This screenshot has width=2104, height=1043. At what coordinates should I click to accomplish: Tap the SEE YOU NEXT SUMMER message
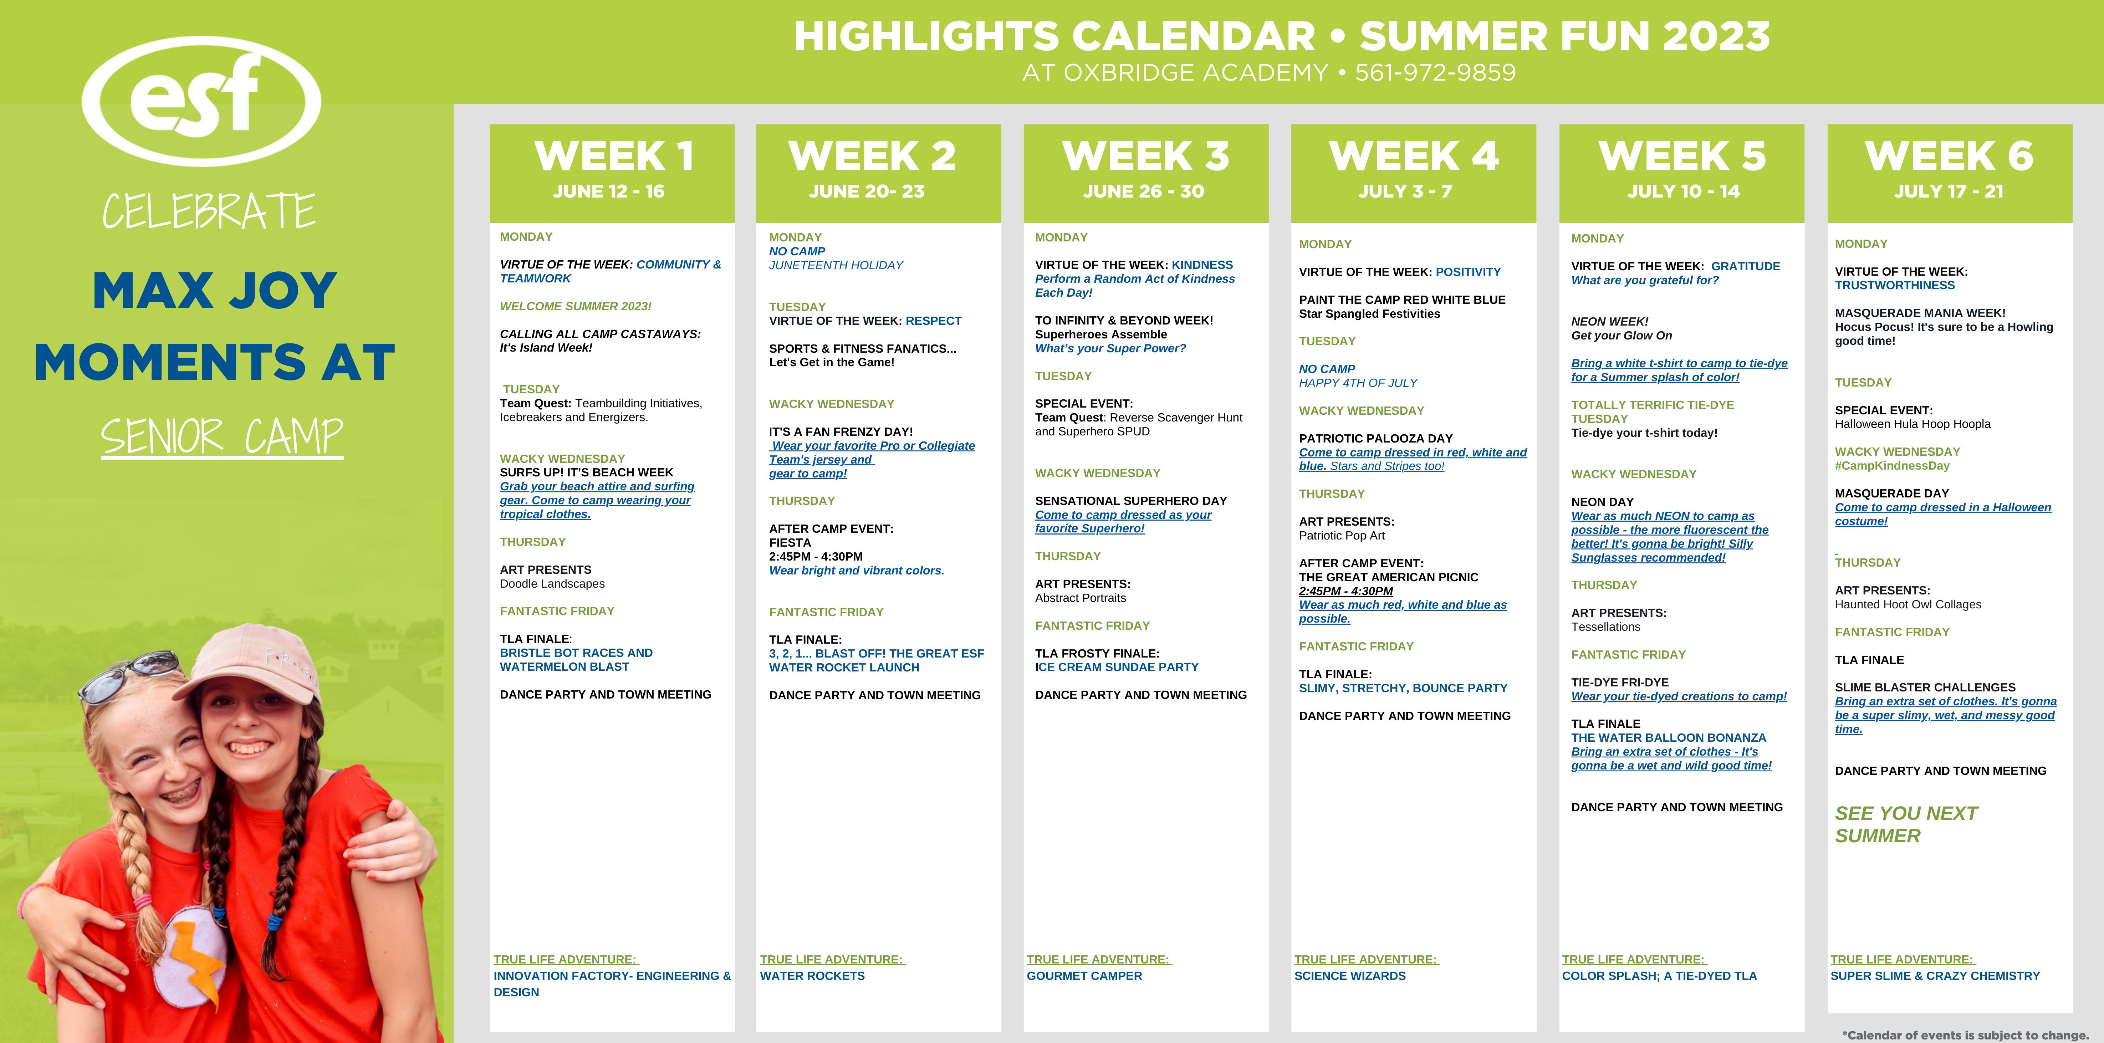tap(1905, 824)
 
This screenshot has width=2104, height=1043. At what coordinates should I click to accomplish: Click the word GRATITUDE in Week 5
tap(1746, 266)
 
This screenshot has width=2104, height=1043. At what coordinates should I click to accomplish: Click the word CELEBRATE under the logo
tap(209, 211)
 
